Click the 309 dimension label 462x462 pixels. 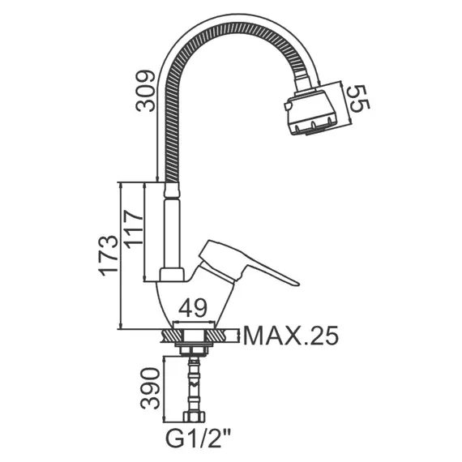pos(145,91)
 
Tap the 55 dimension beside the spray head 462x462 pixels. pos(358,98)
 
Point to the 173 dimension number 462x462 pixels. pos(109,256)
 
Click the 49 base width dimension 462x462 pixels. pos(193,308)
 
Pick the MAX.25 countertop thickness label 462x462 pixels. pos(291,336)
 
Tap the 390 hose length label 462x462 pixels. pos(150,388)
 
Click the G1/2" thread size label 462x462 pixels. pos(199,438)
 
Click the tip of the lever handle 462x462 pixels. pos(298,284)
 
